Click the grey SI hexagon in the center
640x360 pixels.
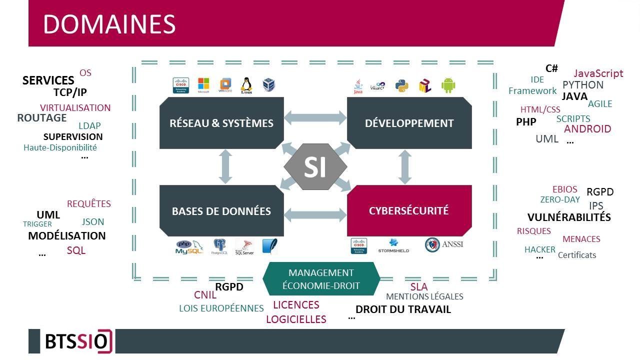click(315, 167)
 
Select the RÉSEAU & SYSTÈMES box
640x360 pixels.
click(221, 123)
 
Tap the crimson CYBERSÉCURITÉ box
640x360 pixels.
click(409, 210)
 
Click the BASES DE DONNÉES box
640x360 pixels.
click(221, 211)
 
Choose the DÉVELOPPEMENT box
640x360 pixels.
click(409, 123)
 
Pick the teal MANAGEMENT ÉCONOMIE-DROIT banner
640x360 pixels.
click(321, 279)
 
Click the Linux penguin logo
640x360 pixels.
click(246, 85)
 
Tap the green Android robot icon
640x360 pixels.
click(448, 85)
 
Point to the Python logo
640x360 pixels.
click(402, 85)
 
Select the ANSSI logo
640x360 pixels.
click(443, 244)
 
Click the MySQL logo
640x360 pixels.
click(189, 247)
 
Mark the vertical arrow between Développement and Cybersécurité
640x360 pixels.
click(405, 166)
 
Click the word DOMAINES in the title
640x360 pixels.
click(109, 24)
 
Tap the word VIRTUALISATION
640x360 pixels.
click(75, 108)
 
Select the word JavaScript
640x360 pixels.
click(598, 73)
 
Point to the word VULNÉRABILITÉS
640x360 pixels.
click(569, 217)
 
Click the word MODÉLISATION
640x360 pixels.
click(67, 236)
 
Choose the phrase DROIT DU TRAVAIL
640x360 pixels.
click(403, 309)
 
